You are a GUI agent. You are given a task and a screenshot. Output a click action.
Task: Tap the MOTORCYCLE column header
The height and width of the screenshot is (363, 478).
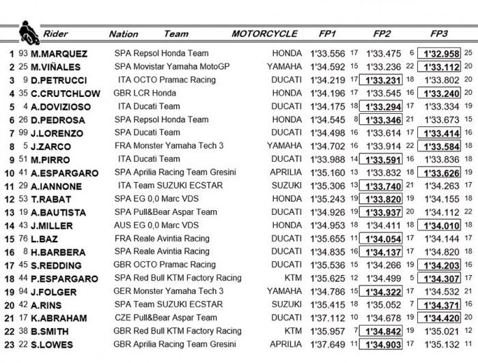click(x=264, y=33)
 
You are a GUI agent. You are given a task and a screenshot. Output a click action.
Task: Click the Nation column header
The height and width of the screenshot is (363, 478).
click(x=123, y=34)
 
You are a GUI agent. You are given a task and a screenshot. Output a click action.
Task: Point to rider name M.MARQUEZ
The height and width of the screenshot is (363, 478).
click(x=59, y=54)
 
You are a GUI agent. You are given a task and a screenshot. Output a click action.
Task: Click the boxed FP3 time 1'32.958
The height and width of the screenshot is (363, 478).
click(x=440, y=54)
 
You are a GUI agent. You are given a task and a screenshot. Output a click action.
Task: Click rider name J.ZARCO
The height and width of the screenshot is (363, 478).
click(x=51, y=146)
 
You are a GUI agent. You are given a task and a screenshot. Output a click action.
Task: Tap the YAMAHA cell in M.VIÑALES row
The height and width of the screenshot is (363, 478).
click(x=284, y=67)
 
